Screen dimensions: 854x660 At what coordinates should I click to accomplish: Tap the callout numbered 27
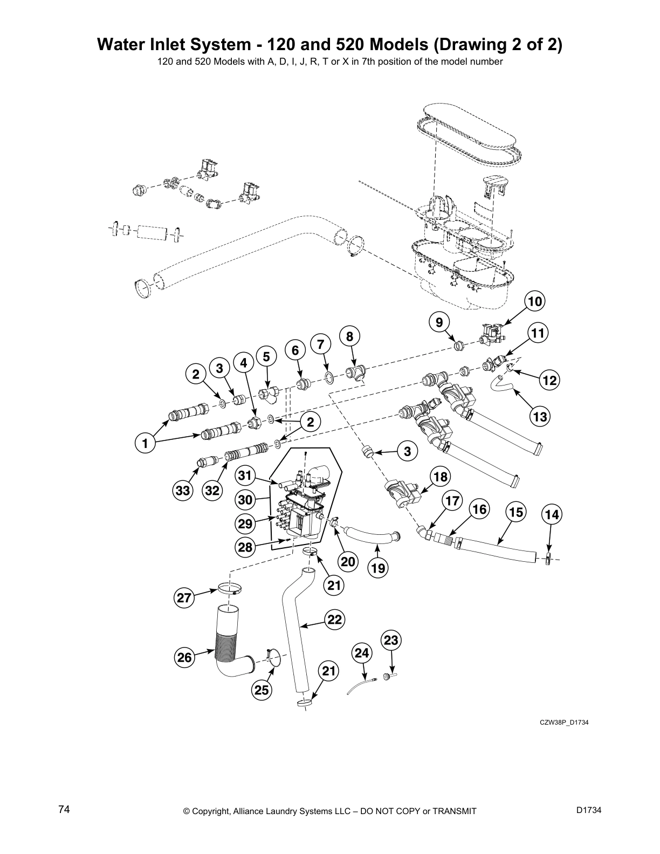pos(184,597)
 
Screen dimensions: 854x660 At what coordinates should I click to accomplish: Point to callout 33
pos(183,490)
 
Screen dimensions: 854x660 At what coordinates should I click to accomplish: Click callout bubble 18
pos(441,477)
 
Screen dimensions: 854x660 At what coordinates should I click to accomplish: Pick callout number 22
pos(335,620)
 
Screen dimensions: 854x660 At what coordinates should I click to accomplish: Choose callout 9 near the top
pos(439,322)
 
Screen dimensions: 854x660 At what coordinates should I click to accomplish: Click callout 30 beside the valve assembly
pos(245,500)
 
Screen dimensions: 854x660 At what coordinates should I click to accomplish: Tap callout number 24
pos(362,653)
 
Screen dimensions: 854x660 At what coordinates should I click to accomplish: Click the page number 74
pos(64,810)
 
